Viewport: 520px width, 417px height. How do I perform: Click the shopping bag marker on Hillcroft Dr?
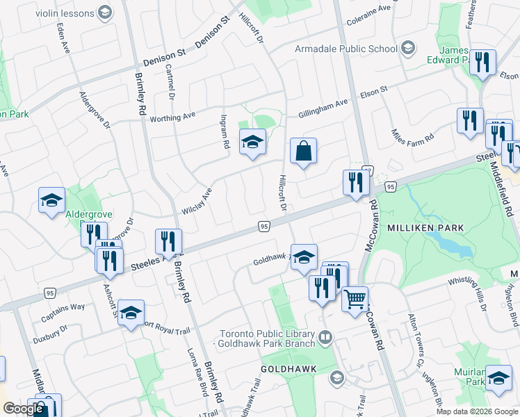[303, 152]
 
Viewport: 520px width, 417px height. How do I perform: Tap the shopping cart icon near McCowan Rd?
[355, 300]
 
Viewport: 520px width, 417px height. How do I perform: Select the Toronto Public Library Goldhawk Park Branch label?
[267, 338]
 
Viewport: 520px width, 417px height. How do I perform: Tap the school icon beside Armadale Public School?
[408, 48]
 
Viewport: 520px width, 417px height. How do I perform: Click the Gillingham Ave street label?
[323, 104]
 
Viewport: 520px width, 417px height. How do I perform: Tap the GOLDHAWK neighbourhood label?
[289, 368]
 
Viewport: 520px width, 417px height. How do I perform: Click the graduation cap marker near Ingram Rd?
[252, 142]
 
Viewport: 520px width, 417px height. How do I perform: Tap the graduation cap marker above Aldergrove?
[51, 200]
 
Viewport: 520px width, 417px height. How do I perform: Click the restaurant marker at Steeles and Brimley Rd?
[168, 243]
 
